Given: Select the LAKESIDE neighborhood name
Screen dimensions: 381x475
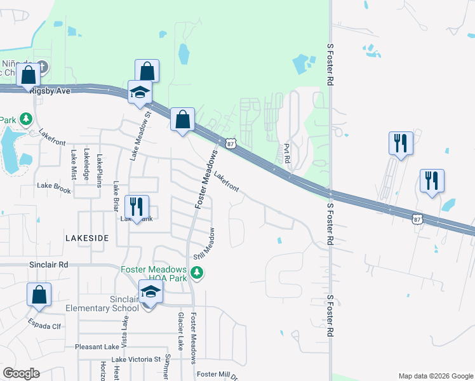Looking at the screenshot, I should click(x=87, y=237).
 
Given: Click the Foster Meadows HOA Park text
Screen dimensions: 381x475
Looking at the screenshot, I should click(x=154, y=274).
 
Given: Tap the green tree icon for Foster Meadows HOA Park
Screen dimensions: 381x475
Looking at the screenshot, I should click(x=197, y=273).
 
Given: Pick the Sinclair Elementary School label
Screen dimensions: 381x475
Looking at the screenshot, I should click(x=102, y=304).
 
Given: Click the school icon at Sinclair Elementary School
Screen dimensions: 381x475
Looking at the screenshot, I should click(x=151, y=292).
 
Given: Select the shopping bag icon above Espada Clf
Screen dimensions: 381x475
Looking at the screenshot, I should click(x=39, y=295).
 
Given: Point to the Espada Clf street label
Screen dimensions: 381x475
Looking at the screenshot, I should click(x=44, y=326).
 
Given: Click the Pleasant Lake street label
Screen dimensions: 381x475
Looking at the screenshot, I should click(x=97, y=347).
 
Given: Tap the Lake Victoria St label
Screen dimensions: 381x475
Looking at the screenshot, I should click(x=137, y=359).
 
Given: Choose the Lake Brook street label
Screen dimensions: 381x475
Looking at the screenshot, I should click(x=54, y=186).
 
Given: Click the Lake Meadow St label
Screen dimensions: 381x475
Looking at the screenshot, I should click(x=140, y=136).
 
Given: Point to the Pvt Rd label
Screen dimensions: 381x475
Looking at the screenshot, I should click(x=286, y=152).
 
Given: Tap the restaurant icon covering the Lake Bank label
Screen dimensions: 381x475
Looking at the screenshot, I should click(x=137, y=207).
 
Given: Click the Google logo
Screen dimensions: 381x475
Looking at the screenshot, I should click(x=22, y=373).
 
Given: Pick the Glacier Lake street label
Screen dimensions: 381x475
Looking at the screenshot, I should click(x=180, y=331).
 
